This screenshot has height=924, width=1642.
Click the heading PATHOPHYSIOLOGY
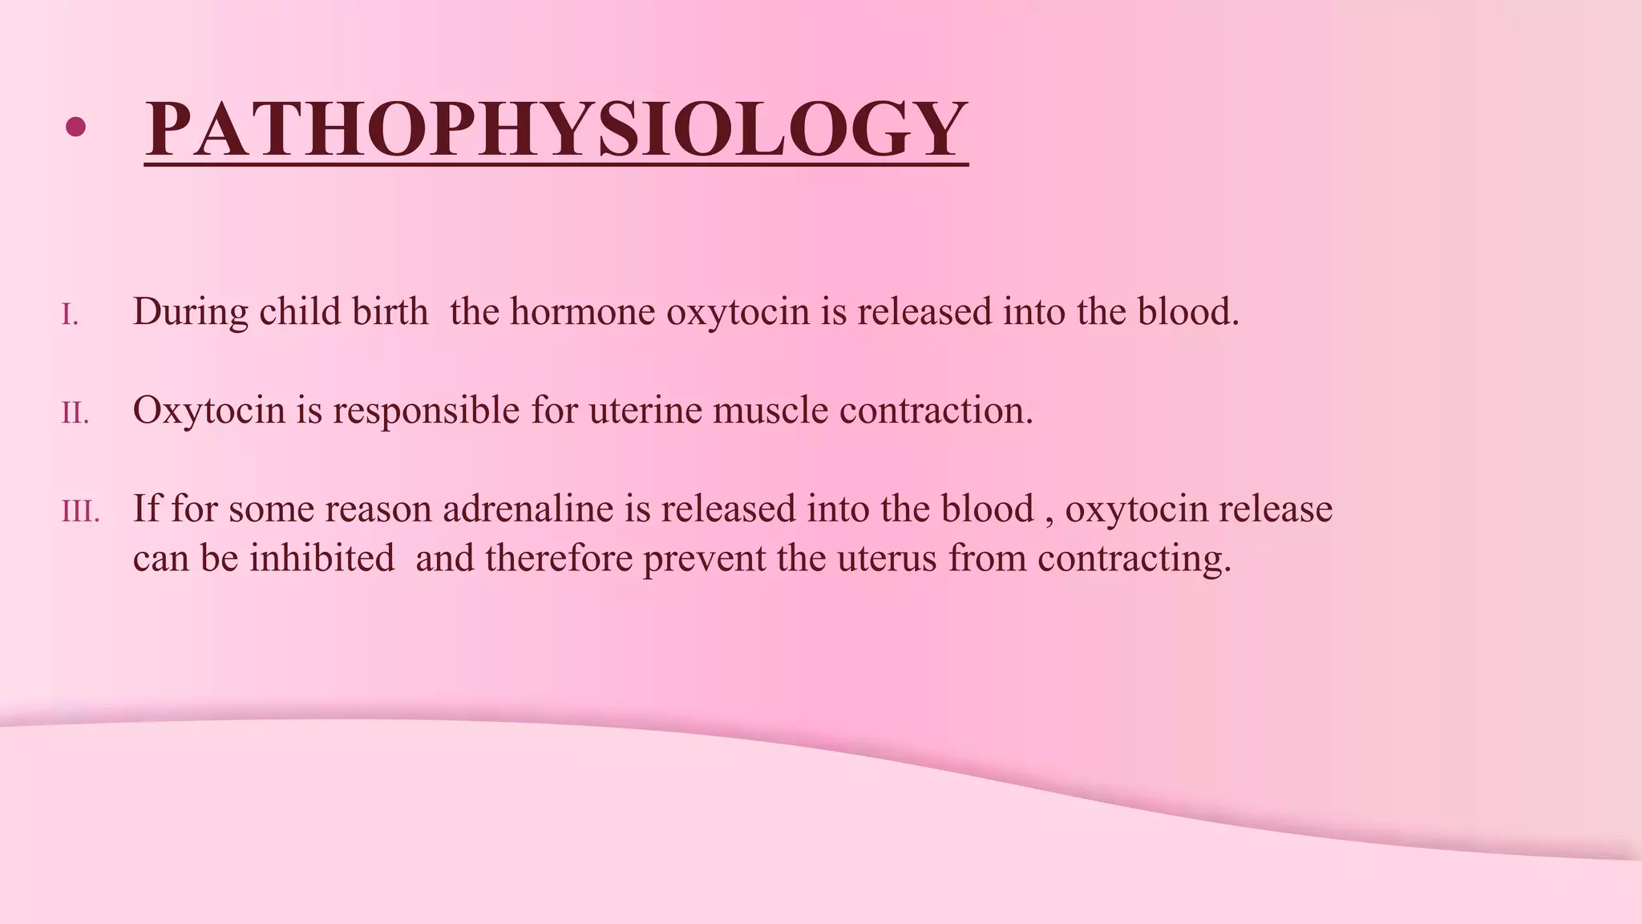(556, 129)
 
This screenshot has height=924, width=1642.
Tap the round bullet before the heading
(75, 127)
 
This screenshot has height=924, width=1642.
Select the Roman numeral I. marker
(71, 315)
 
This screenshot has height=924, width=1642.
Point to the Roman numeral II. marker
(75, 414)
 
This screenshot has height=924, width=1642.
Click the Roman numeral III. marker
(80, 513)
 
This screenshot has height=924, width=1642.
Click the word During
(190, 312)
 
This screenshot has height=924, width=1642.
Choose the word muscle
(770, 411)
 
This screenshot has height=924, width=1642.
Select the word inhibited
(322, 558)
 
